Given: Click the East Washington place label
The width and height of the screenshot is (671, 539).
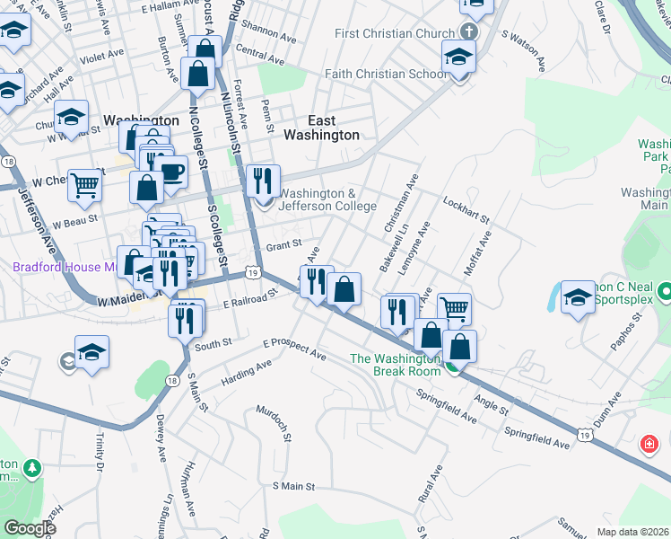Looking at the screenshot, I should pyautogui.click(x=321, y=128).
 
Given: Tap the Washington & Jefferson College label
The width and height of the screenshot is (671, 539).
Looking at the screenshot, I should pyautogui.click(x=328, y=199).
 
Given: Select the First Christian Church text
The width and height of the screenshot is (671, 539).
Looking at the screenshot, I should pyautogui.click(x=395, y=34).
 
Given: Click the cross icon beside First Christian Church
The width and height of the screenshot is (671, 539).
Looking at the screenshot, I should pyautogui.click(x=471, y=33).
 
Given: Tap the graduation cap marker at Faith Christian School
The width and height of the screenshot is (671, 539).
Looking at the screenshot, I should pyautogui.click(x=458, y=58).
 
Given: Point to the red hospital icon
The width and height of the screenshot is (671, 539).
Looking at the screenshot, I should pyautogui.click(x=648, y=444).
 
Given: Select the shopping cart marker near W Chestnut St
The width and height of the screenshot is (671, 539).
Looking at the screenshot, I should pyautogui.click(x=84, y=185).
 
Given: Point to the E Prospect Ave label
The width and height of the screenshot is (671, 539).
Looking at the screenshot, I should pyautogui.click(x=294, y=349).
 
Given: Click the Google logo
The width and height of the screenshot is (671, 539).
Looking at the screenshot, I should pyautogui.click(x=30, y=528).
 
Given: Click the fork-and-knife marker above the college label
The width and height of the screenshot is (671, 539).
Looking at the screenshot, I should pyautogui.click(x=263, y=181).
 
